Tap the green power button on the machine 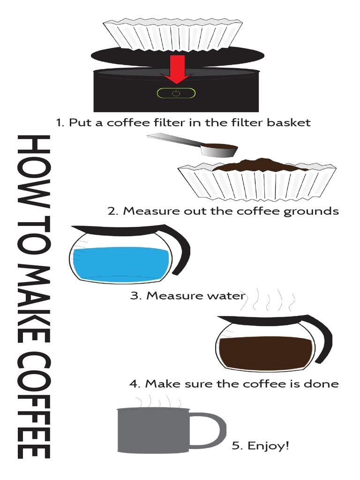point(176,93)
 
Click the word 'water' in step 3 point(225,296)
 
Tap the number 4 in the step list point(135,384)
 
